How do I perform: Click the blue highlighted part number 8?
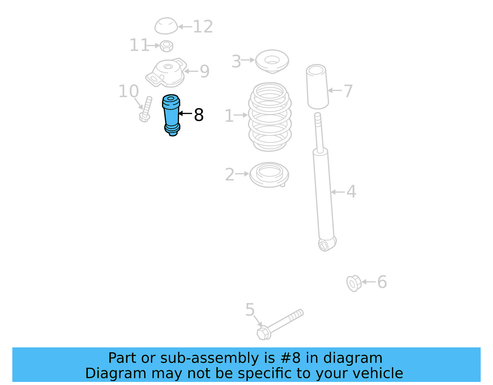point(171,115)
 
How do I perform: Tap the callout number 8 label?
point(199,115)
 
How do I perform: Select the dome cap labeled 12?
point(166,26)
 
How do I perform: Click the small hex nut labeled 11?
point(166,46)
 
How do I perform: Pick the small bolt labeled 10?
point(145,109)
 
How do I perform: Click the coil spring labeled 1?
point(270,117)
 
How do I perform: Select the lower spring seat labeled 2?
point(269,174)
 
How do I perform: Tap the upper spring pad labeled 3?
point(272,61)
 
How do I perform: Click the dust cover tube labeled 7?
point(317,87)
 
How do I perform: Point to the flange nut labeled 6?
point(354,283)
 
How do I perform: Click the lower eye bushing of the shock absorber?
point(323,245)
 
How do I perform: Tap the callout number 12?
point(203,27)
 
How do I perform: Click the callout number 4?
point(351,192)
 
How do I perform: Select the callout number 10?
point(128,92)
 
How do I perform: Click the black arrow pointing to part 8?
point(185,113)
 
